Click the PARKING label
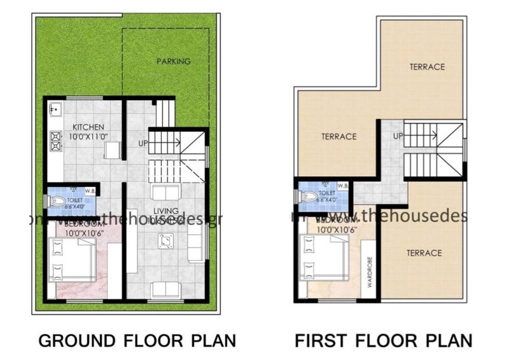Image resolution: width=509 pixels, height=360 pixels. coord(174,62)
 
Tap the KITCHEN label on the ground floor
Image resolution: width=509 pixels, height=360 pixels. coord(88,127)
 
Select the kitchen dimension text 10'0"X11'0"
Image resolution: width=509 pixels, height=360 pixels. coord(88,135)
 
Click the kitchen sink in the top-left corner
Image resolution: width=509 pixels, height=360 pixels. coord(54,109)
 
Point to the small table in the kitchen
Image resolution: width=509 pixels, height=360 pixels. coord(112,151)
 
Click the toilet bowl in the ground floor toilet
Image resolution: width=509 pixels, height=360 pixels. coord(57,202)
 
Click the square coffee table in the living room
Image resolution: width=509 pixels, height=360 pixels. coord(167,240)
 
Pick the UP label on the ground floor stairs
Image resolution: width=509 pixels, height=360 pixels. coord(143,143)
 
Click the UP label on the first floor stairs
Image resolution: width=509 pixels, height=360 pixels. coord(398,136)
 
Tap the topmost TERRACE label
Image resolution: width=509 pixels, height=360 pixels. coord(427,67)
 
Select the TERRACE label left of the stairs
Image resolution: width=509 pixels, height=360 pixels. coord(338,136)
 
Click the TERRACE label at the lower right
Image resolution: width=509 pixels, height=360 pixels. coord(424,253)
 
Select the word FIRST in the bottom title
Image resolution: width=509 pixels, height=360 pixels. coord(319,340)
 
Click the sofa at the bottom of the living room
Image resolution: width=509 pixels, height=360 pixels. coord(165,289)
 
